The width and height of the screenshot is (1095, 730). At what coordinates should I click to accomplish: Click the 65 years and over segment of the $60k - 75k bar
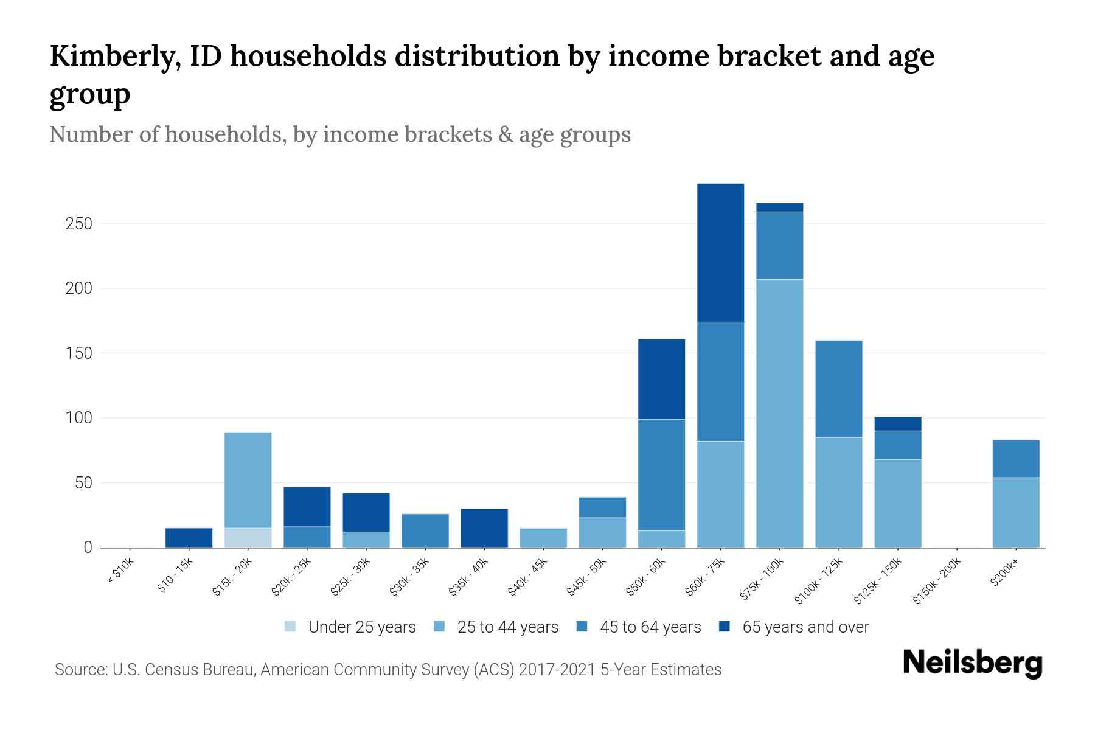coord(720,252)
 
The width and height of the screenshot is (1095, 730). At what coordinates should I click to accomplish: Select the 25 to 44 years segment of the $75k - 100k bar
coord(779,413)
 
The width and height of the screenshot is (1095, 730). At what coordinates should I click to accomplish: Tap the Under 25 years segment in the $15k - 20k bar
coord(248,537)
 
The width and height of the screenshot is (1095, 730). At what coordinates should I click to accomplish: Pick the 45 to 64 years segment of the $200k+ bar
coord(1015,459)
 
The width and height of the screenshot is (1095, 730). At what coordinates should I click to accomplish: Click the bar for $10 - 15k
coord(189,538)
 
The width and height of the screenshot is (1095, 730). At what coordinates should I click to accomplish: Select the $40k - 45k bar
coord(543,538)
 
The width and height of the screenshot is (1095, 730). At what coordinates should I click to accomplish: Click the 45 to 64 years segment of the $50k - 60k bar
coord(661,474)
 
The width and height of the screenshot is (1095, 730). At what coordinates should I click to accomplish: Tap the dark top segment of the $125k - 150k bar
coord(897,423)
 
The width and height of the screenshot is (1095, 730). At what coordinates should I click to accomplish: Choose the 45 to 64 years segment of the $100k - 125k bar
coord(838,389)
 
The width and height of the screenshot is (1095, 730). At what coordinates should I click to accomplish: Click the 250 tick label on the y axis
coord(78,224)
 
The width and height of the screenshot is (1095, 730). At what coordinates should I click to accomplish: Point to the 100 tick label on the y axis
coord(78,419)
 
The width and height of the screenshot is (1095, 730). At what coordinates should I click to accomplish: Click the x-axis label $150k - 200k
coord(937,582)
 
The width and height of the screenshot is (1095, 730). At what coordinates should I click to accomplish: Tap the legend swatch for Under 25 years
coord(291,627)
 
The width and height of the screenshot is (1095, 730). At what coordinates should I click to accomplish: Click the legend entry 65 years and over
coord(805,627)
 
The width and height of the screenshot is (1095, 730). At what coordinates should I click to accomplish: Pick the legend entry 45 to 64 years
coord(650,627)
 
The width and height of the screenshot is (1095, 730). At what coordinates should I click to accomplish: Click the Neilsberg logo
coord(972,663)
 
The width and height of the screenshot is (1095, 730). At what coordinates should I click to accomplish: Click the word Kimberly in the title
coord(114,57)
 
